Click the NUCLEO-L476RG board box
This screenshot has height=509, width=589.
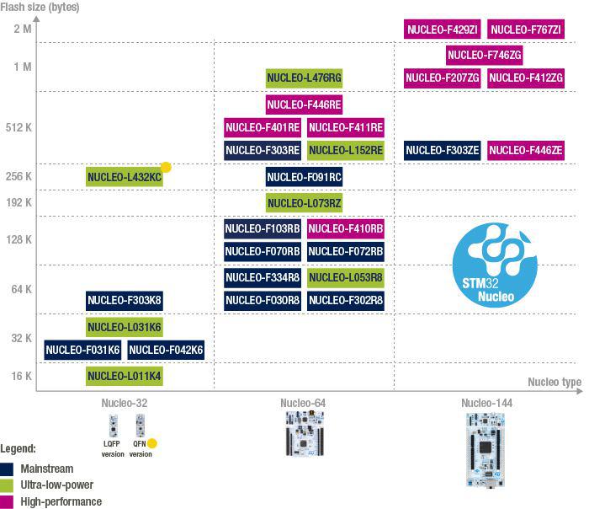click(x=304, y=78)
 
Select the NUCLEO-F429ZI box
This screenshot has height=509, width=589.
click(x=442, y=29)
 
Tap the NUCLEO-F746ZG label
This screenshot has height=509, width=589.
click(x=484, y=56)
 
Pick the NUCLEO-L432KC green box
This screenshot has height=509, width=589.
click(x=125, y=177)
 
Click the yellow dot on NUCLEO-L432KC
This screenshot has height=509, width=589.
click(x=166, y=167)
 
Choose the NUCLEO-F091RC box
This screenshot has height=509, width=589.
click(x=304, y=177)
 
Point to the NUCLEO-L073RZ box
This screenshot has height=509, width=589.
click(x=304, y=203)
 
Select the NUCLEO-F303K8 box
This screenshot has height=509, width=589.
click(x=125, y=301)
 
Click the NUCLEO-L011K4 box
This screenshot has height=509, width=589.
click(x=125, y=376)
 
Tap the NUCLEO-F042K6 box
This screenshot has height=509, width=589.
click(x=166, y=350)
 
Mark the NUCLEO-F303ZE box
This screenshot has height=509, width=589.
click(x=442, y=151)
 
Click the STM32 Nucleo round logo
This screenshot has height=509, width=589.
click(x=495, y=265)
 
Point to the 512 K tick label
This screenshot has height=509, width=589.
click(x=19, y=127)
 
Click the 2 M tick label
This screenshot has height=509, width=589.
click(x=23, y=29)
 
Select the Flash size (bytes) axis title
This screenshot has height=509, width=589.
click(x=40, y=7)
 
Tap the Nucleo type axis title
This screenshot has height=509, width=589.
click(x=555, y=382)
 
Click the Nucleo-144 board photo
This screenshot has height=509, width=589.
click(x=486, y=449)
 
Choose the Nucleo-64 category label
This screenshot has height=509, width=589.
click(x=303, y=403)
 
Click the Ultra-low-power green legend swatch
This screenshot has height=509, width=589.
click(x=7, y=485)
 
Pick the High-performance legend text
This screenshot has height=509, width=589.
click(x=61, y=501)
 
